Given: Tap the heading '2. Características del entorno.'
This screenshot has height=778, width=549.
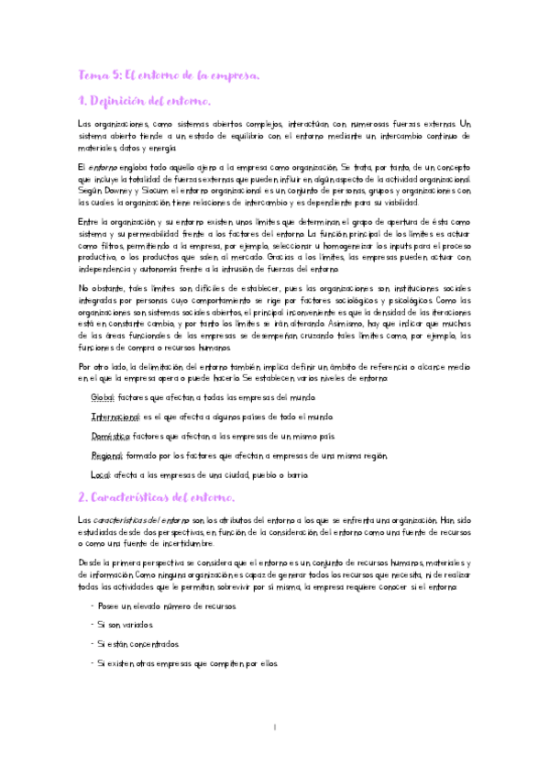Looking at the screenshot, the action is click(157, 497).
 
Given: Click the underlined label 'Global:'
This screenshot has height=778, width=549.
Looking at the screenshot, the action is click(103, 397).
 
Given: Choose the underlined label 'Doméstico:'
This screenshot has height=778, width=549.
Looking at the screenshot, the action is click(111, 436).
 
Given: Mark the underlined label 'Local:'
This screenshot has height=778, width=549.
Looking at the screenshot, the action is click(101, 474).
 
